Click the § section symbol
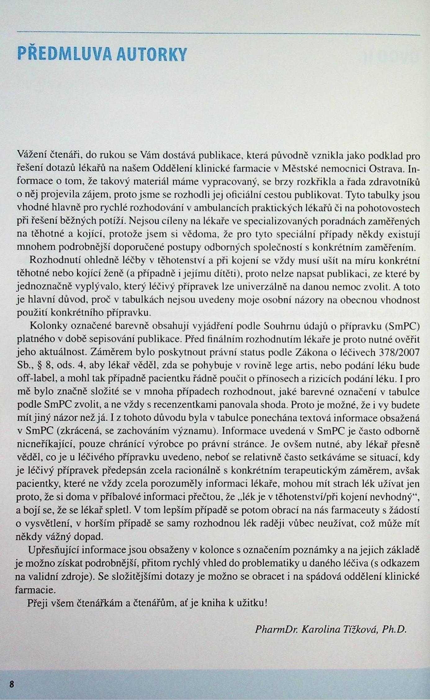pyautogui.click(x=40, y=366)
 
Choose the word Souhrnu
pyautogui.click(x=283, y=326)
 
